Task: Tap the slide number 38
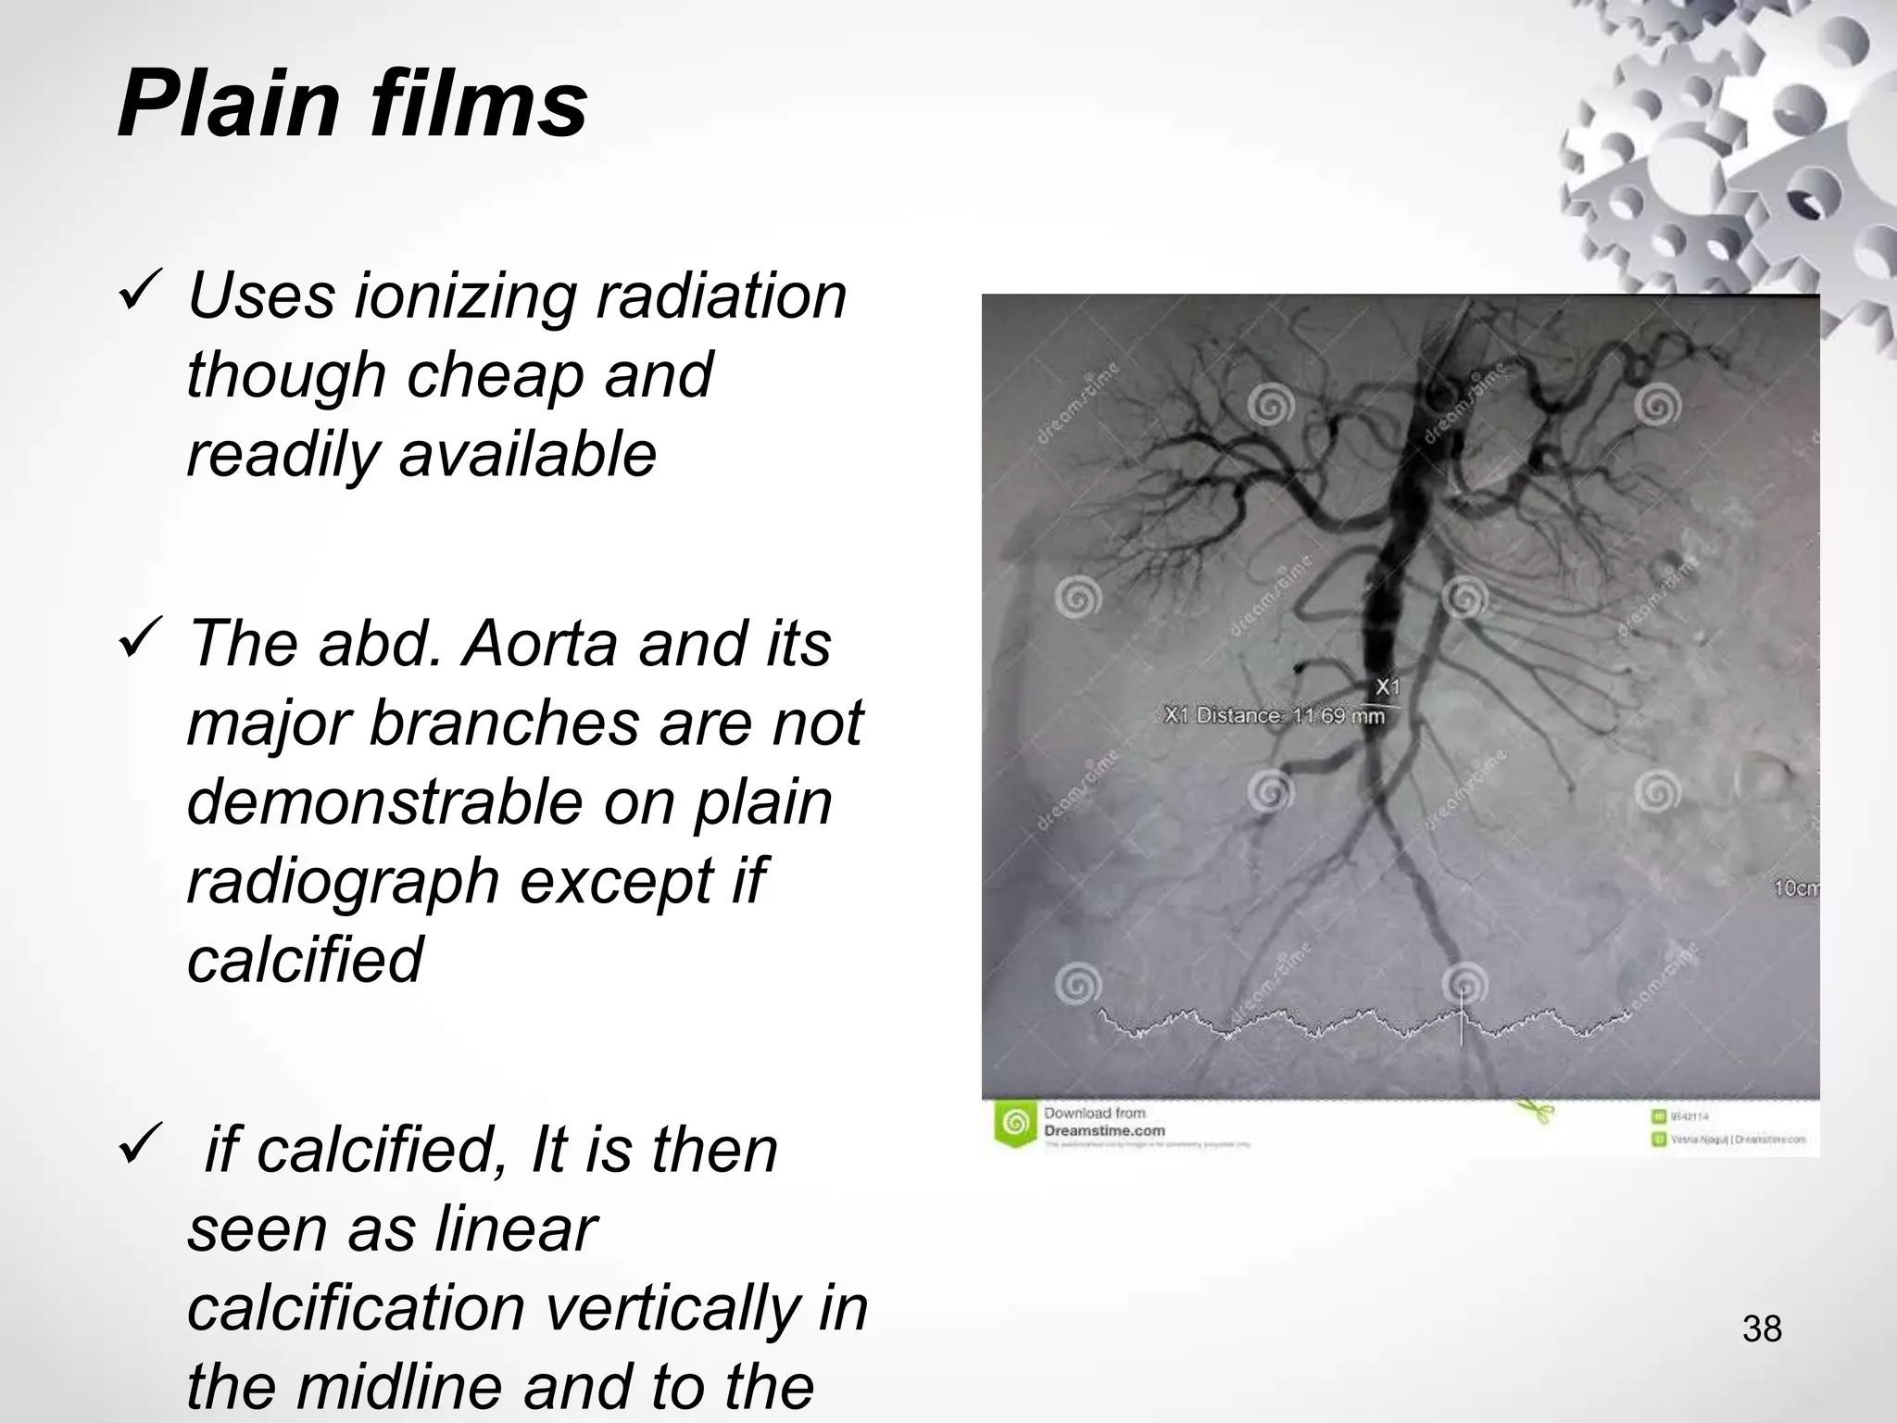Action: pos(1762,1329)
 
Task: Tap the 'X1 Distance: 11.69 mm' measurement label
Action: pos(1275,716)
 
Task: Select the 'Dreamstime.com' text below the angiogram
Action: pos(1104,1130)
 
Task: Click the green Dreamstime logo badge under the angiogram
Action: pos(1015,1124)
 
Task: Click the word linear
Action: pos(515,1228)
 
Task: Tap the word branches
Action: pos(505,723)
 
